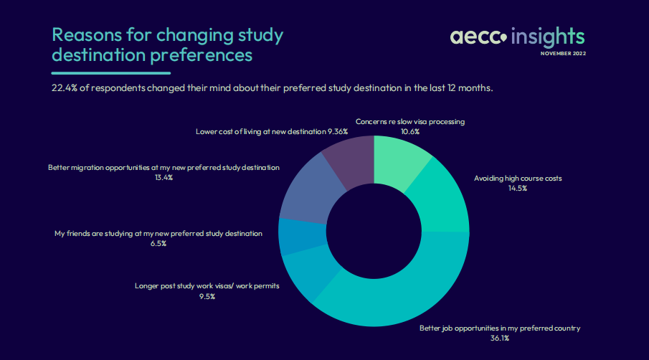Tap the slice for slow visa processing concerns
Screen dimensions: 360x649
point(401,161)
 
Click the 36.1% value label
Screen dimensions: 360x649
point(499,338)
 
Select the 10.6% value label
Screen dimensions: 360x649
point(410,132)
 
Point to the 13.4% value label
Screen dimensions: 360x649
point(164,177)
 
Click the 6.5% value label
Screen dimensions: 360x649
point(158,243)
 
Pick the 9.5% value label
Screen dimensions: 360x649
point(207,295)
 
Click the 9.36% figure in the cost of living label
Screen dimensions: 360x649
point(338,132)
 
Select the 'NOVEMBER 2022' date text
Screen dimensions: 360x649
point(563,53)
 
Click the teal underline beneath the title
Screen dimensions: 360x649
point(110,73)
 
